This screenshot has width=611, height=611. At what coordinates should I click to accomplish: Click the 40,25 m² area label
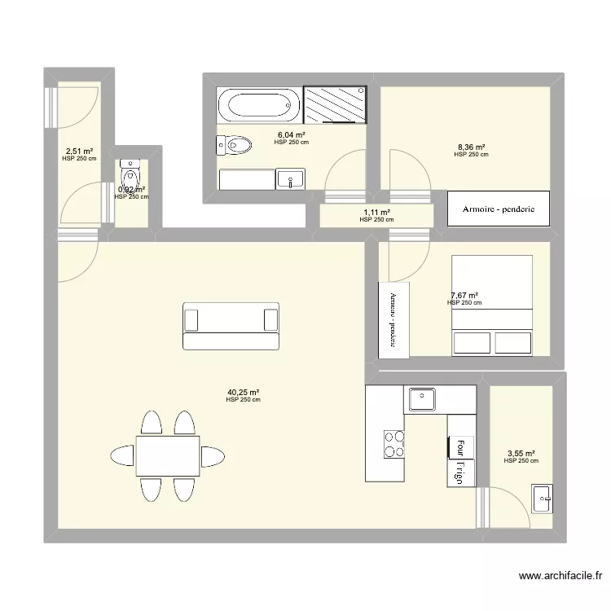click(244, 392)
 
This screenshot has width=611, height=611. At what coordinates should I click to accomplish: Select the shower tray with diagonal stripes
click(335, 105)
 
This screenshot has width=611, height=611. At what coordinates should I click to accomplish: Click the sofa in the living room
click(231, 326)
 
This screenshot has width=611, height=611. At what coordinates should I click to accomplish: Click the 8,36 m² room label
click(471, 147)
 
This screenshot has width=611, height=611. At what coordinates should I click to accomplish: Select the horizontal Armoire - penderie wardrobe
click(499, 209)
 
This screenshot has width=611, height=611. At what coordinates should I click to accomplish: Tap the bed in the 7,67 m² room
click(492, 305)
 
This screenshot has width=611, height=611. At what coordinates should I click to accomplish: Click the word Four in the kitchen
click(461, 447)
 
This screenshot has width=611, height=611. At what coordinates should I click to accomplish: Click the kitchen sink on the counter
click(422, 399)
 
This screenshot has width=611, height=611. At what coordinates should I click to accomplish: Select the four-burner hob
click(394, 444)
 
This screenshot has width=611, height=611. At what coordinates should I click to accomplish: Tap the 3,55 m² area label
click(521, 454)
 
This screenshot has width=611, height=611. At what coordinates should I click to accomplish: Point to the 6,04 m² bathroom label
click(292, 135)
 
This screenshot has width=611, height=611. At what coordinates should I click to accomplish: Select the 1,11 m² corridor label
click(376, 213)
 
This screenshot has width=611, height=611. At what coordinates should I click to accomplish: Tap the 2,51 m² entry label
click(79, 152)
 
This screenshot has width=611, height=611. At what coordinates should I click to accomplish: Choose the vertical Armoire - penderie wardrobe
click(393, 319)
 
